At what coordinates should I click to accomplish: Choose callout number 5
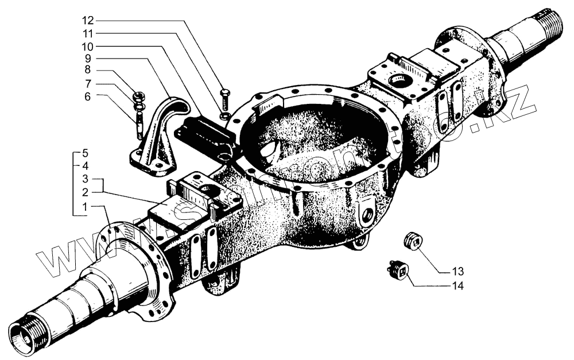click(85, 153)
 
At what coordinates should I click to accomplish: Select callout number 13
click(458, 270)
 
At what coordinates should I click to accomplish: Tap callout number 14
click(458, 284)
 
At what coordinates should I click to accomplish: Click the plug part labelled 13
click(412, 241)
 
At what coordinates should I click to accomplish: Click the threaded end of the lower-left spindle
click(23, 336)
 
